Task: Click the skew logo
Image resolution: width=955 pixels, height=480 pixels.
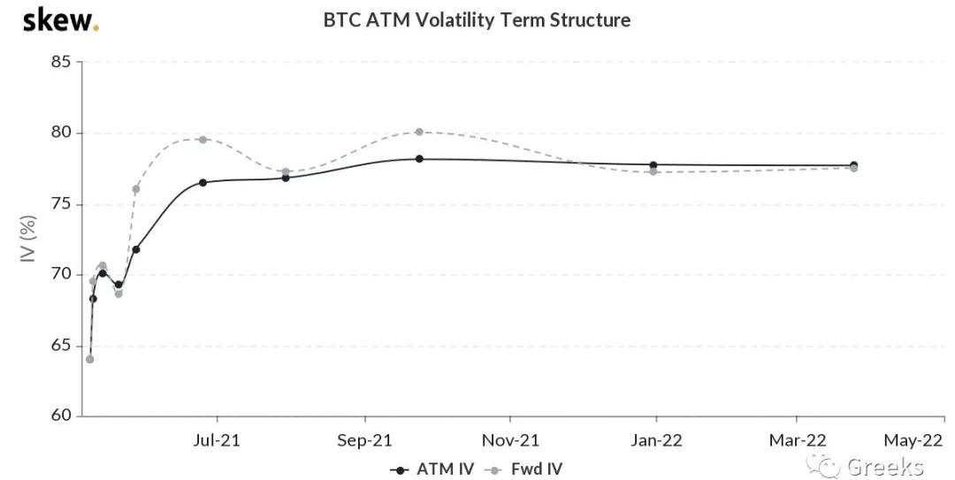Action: tap(60, 19)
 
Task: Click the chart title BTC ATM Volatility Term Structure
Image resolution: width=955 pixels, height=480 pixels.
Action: tap(477, 19)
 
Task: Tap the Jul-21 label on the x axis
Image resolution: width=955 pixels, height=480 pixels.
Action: tap(218, 439)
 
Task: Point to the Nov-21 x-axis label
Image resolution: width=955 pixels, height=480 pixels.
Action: tap(511, 439)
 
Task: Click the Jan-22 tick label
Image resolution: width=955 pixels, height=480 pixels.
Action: tap(657, 439)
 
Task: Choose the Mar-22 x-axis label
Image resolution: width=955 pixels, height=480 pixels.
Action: tap(798, 439)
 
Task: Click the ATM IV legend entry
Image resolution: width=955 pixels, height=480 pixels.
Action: tap(432, 469)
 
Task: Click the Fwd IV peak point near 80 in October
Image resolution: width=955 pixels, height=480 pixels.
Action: tap(419, 132)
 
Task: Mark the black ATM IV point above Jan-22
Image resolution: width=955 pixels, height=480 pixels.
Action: tap(653, 165)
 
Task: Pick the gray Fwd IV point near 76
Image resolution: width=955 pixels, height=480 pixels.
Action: tap(135, 189)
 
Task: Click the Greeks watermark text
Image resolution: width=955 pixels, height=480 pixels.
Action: tap(884, 467)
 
